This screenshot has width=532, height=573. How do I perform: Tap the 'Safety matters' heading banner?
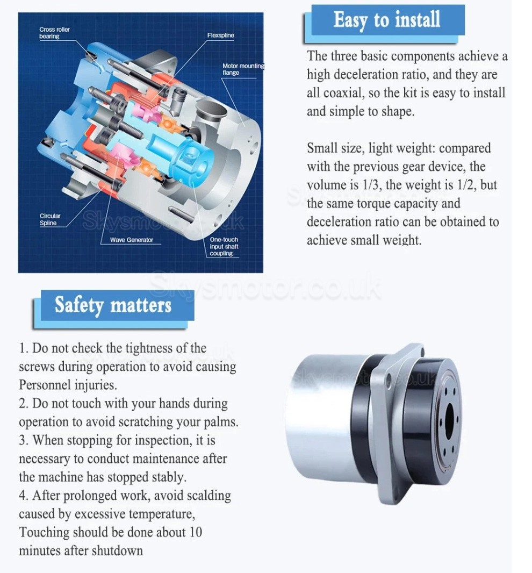[x=113, y=305]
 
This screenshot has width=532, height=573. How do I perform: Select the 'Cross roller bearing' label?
[x=54, y=33]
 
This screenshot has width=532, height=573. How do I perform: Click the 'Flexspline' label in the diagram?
[x=220, y=35]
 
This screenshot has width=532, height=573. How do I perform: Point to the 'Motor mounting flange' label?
[x=242, y=69]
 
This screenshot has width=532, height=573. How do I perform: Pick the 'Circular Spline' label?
[x=50, y=219]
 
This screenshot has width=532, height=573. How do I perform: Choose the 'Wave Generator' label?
[x=132, y=240]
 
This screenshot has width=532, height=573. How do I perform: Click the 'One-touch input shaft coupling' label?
[x=224, y=246]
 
